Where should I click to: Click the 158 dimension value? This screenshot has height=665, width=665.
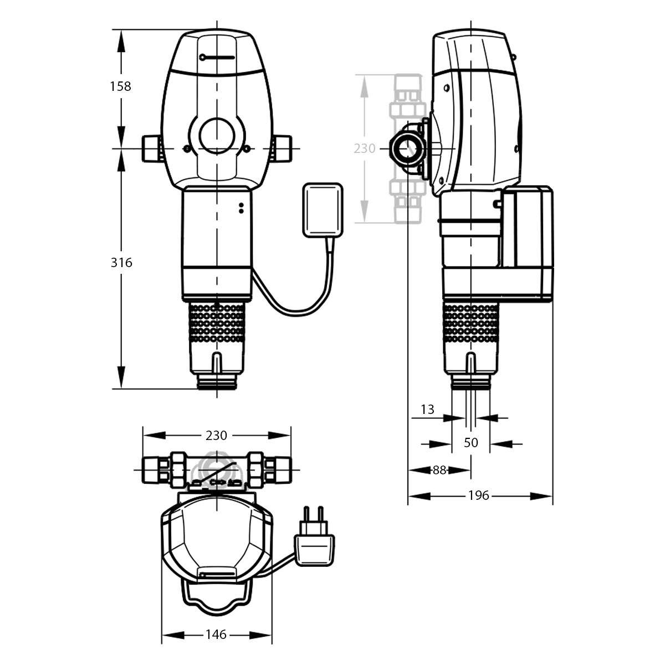tap(120, 86)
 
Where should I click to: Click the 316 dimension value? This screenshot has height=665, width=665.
tap(121, 263)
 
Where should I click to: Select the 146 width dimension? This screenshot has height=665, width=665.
tap(216, 635)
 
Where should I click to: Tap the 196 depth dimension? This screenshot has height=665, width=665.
tap(479, 495)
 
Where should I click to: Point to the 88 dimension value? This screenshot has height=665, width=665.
tap(439, 470)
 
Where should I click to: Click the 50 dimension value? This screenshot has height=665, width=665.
tap(470, 443)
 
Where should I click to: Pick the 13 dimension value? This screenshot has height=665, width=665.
tap(427, 410)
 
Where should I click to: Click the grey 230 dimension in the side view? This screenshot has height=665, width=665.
tap(365, 149)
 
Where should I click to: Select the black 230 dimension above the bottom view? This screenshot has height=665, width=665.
tap(216, 436)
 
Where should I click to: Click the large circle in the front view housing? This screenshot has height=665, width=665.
tap(217, 136)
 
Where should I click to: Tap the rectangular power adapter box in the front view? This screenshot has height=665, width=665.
tap(323, 210)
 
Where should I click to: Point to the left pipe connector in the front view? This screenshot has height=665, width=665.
tap(151, 149)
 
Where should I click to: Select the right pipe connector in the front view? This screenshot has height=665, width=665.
tap(282, 149)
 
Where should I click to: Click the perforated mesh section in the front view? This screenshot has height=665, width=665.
tap(217, 323)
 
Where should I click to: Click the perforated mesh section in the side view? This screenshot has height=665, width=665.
tap(470, 323)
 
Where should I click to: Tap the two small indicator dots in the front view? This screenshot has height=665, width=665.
tap(241, 208)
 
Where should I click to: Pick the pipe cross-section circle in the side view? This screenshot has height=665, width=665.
tap(408, 149)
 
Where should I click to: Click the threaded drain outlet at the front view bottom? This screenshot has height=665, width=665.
tap(217, 382)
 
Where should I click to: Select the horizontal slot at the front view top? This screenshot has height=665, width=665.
tap(217, 58)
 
